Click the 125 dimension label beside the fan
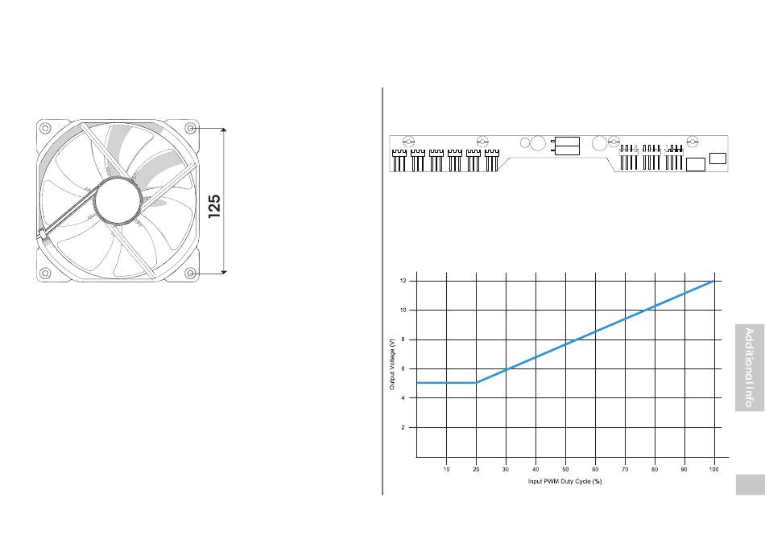click(x=214, y=207)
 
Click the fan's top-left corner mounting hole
click(x=45, y=128)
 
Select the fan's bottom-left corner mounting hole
click(x=45, y=273)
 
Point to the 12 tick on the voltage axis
click(x=403, y=281)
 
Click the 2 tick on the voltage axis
click(x=403, y=427)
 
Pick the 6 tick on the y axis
click(x=403, y=368)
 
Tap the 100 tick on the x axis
click(x=713, y=469)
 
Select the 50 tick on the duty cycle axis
click(x=565, y=469)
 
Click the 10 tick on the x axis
click(x=446, y=469)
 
